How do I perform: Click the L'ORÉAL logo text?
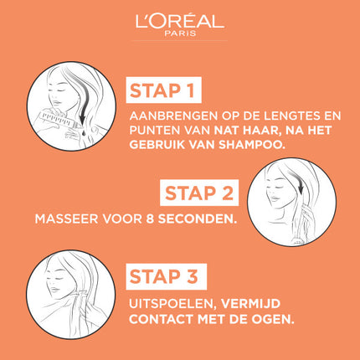click(x=179, y=21)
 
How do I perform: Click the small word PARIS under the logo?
click(x=180, y=35)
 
